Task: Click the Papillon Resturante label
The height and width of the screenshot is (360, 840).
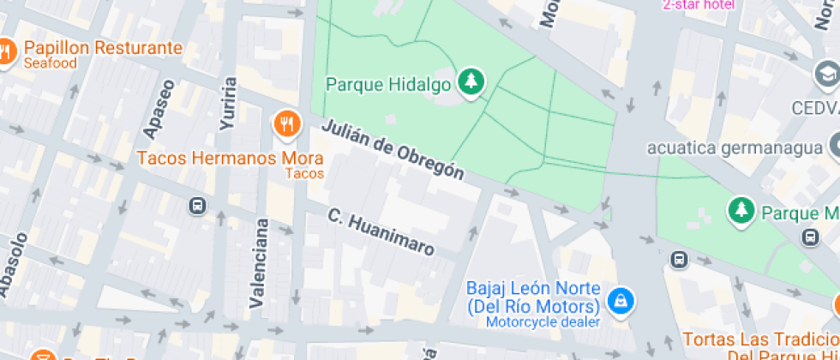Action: pos(103,48)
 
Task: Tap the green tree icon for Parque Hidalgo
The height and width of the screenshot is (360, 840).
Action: pos(471,83)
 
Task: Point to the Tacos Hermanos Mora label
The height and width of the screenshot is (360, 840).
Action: pos(230,159)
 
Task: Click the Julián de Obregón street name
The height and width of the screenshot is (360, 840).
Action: pos(393,150)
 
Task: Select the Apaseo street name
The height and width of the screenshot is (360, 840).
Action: pos(159,109)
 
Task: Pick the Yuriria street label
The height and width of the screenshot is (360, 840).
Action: pos(228,104)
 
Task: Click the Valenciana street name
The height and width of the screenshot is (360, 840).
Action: pos(258,263)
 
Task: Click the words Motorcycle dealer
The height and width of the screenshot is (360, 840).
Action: pos(543,322)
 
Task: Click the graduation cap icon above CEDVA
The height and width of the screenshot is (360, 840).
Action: pos(826,75)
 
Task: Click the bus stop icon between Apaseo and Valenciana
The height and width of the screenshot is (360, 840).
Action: pos(197,206)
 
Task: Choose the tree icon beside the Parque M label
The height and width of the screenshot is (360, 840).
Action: pos(739,210)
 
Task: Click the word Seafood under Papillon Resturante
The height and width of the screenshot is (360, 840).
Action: pos(51,63)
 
